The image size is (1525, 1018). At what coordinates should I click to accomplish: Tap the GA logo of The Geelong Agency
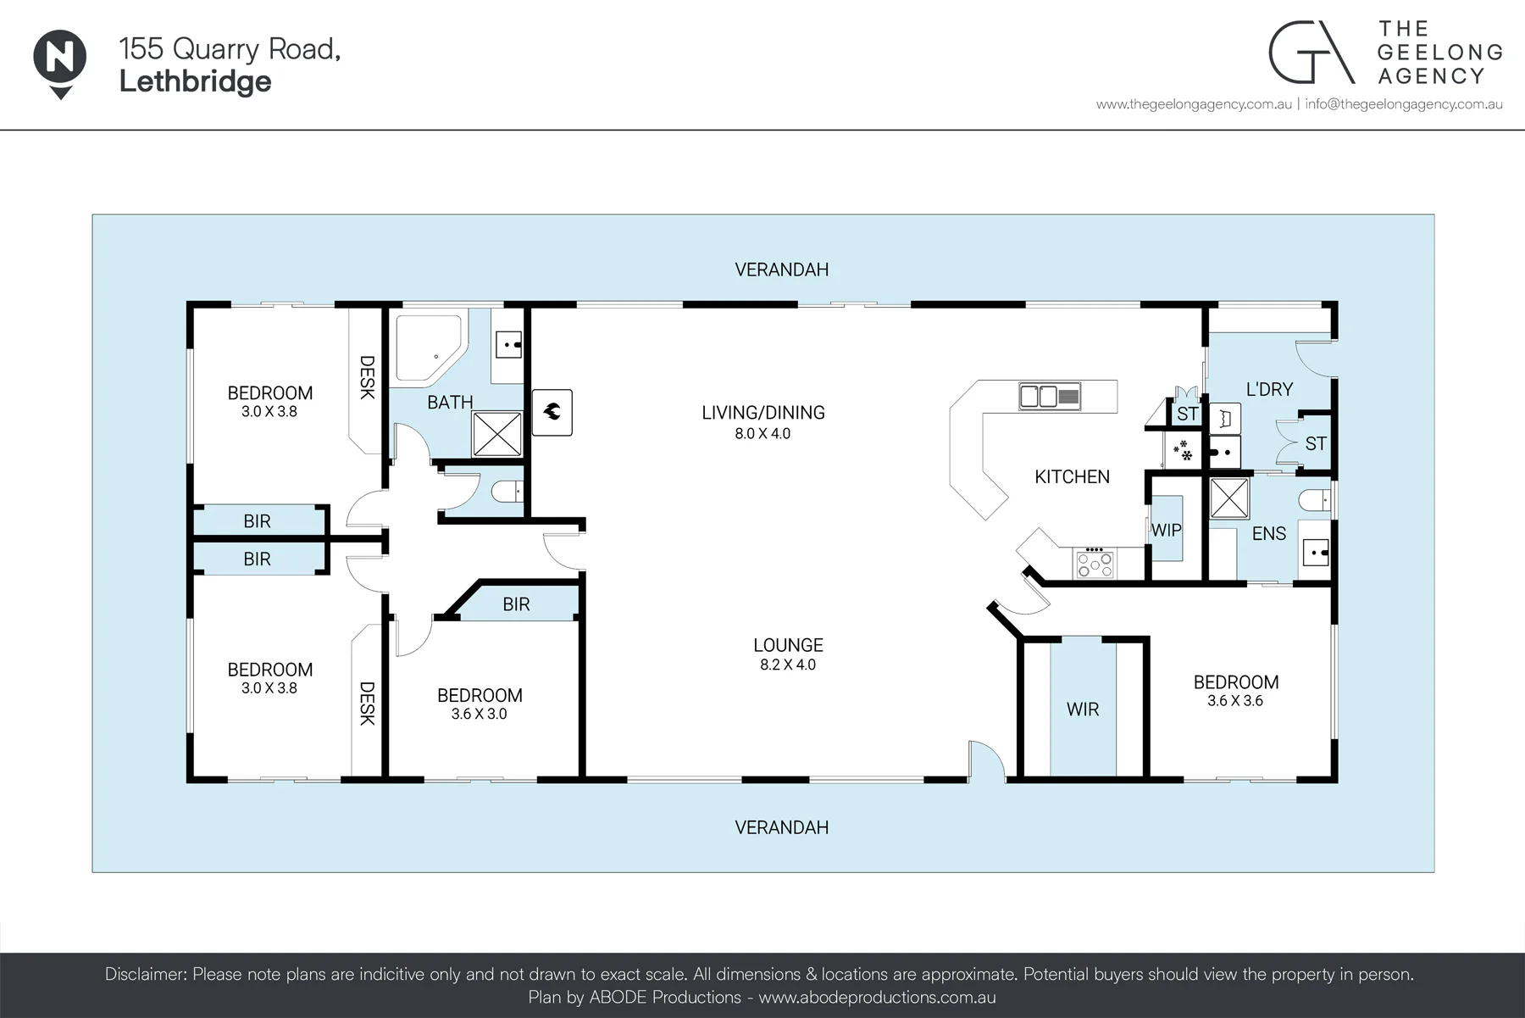point(1311,53)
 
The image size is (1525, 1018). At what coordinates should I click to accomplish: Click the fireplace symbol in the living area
point(552,413)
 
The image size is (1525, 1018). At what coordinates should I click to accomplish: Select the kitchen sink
point(1050,396)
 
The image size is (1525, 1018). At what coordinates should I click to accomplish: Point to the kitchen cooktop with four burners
point(1096,564)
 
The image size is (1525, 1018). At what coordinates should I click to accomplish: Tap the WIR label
point(1083,709)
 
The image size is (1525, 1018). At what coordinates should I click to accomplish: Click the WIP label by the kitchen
point(1166,531)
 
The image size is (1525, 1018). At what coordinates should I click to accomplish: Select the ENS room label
point(1269,534)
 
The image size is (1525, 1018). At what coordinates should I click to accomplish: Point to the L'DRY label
point(1269,390)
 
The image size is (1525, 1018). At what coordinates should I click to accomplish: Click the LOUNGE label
point(788,645)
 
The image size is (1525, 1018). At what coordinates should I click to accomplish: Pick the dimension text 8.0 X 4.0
point(762,434)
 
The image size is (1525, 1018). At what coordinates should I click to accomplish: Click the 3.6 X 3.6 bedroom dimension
point(1235,701)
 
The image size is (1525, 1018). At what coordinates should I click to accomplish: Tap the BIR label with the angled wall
point(516,604)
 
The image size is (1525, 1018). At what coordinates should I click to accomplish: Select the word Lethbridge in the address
point(196,82)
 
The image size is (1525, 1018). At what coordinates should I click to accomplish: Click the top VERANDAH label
point(781,270)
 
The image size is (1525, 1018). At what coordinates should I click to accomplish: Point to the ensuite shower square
point(1228,498)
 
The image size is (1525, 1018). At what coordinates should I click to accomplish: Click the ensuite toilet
point(1314,501)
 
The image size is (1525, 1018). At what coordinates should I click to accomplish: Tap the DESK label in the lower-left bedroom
point(367,704)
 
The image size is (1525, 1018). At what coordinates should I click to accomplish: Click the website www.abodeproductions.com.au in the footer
point(877,998)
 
